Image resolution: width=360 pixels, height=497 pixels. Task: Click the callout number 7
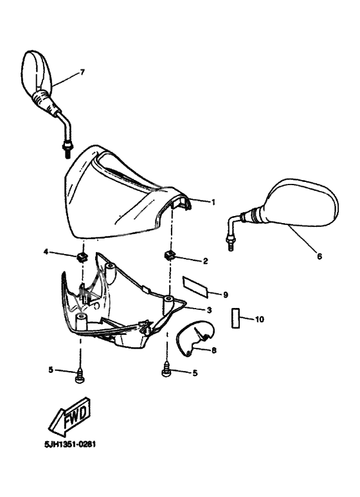click(82, 72)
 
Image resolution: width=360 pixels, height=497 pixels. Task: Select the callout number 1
click(213, 202)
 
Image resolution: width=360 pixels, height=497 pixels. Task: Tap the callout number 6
click(319, 256)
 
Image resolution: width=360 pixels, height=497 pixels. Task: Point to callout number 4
click(46, 252)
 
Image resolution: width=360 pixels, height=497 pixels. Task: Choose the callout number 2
click(205, 261)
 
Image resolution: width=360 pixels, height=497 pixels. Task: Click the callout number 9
click(225, 294)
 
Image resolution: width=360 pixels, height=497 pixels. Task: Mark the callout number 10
click(259, 319)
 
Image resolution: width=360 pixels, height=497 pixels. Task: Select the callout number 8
click(214, 350)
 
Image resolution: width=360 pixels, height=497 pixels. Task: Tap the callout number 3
click(209, 310)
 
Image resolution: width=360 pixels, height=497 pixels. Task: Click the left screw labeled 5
click(80, 375)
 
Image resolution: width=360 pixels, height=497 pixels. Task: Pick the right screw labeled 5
click(166, 371)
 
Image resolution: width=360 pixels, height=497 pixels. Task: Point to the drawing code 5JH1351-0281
click(69, 444)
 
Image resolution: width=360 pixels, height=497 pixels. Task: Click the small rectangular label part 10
click(235, 318)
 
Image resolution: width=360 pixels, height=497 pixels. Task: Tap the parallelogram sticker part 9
click(195, 287)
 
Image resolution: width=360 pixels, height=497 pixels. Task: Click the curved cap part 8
click(195, 338)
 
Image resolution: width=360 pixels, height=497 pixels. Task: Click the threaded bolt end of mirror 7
click(67, 150)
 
